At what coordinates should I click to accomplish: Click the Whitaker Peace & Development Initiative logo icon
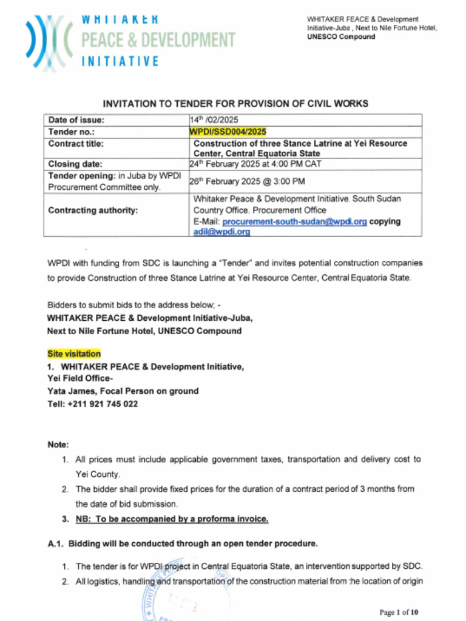click(49, 41)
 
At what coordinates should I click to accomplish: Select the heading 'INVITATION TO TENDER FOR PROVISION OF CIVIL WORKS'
click(235, 104)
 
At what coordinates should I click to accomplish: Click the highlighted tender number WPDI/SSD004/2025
click(228, 132)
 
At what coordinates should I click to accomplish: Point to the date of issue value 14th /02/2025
click(214, 120)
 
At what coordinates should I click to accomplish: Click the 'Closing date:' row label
click(75, 164)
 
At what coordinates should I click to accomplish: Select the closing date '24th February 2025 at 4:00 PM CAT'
click(255, 164)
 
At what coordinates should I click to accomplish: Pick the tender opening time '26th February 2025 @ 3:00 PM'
click(247, 181)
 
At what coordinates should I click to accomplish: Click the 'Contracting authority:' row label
click(93, 210)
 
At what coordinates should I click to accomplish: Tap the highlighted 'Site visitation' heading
click(74, 354)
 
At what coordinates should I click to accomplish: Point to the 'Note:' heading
click(58, 445)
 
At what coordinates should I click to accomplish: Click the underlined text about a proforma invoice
click(172, 519)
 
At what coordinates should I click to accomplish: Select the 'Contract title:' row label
click(76, 144)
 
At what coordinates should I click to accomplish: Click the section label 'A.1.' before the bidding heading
click(56, 543)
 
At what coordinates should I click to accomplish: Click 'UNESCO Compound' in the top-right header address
click(341, 37)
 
